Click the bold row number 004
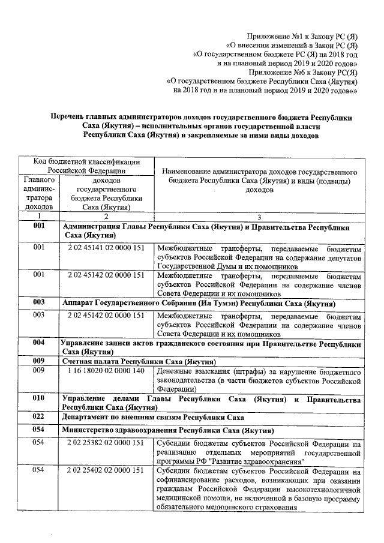(39, 343)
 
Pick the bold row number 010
(39, 398)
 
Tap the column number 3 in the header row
(259, 215)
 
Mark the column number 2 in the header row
(106, 215)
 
